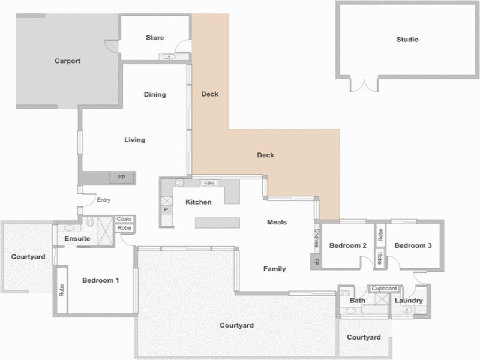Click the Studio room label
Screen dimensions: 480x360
tap(407, 40)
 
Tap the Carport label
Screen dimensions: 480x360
tap(67, 61)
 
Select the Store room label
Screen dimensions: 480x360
tap(155, 38)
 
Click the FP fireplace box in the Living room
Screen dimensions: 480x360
tap(122, 177)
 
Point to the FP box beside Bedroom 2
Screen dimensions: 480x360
tap(316, 262)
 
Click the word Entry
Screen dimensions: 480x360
tap(103, 200)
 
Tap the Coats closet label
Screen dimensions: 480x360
tap(124, 219)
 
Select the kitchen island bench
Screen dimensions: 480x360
tap(217, 223)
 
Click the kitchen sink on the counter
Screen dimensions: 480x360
tap(209, 184)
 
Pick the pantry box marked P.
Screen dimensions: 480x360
tap(167, 209)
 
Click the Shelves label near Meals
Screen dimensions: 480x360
tap(317, 238)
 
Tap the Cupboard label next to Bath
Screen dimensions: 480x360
tap(384, 289)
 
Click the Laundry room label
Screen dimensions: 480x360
tap(409, 301)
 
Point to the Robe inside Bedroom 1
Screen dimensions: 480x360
tap(62, 290)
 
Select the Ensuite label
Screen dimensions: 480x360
tap(77, 238)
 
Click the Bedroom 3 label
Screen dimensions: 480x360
tap(413, 245)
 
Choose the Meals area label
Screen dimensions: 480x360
tap(277, 222)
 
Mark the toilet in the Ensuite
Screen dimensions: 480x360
tap(89, 222)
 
